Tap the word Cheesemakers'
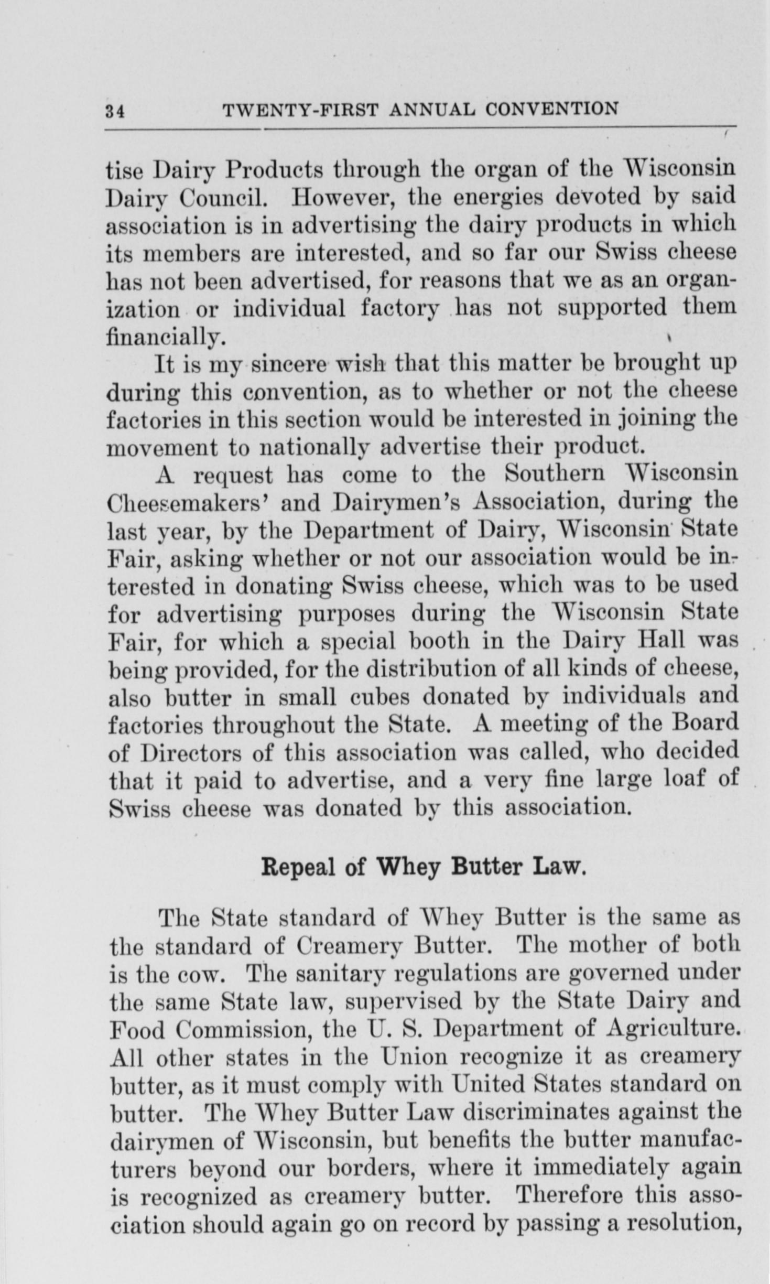[189, 503]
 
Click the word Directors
[191, 753]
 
